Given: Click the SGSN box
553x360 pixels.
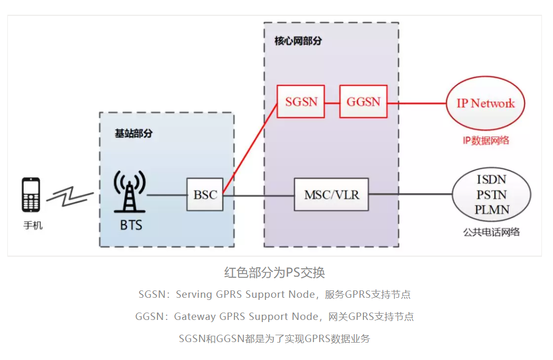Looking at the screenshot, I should [x=301, y=102].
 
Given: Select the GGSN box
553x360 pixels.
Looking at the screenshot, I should [x=363, y=102].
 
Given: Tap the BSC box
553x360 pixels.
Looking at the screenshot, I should [x=205, y=195].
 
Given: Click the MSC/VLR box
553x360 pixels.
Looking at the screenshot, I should [x=331, y=194].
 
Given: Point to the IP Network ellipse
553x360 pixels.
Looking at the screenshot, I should [x=485, y=103].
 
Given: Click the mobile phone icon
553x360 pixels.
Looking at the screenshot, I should [x=31, y=195].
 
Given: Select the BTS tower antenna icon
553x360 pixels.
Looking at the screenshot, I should [x=130, y=192].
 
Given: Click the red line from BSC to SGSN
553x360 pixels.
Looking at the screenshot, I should [x=251, y=148].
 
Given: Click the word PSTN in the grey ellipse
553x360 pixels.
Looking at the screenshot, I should [x=492, y=194].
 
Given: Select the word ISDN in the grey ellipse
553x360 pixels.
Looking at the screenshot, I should [x=492, y=180].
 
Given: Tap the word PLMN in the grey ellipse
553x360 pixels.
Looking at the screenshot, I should [x=492, y=210].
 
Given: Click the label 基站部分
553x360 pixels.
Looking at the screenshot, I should [x=133, y=133].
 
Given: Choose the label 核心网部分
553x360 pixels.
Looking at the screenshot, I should [x=298, y=41].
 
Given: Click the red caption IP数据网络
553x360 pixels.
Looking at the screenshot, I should [x=486, y=141].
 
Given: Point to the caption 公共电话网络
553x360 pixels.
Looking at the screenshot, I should [x=492, y=231].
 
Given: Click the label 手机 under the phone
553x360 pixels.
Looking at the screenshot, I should [x=33, y=226].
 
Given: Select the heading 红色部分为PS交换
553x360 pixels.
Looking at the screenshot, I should [x=274, y=273].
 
